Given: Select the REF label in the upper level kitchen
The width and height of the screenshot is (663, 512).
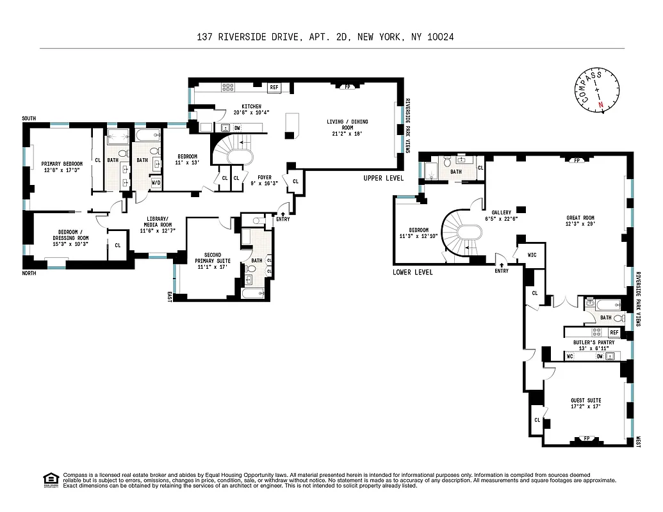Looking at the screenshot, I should point(274,88).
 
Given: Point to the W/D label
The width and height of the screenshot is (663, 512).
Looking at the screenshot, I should point(156,183).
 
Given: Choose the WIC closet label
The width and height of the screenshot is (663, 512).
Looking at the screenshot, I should point(532,255).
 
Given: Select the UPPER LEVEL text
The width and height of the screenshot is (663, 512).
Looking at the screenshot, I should point(383,178).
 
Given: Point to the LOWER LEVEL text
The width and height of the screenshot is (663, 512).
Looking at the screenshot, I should point(413,272).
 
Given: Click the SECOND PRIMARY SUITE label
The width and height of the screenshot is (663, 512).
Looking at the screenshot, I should point(208,257).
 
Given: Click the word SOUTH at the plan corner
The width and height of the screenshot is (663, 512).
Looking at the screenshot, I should point(29,118).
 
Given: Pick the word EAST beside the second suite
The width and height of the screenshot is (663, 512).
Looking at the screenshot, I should point(170,296).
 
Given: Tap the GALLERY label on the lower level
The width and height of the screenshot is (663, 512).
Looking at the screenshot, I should point(501,212).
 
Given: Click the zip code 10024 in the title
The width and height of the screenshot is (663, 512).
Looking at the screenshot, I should point(439,37).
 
